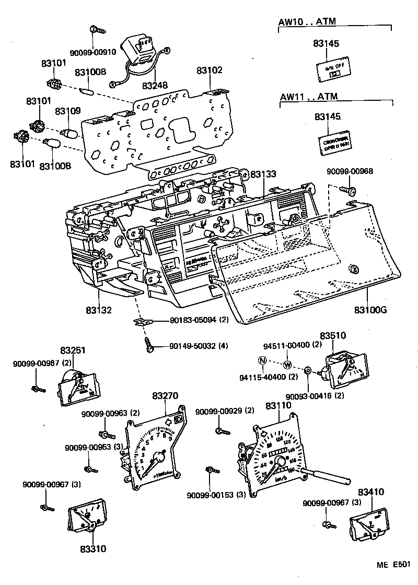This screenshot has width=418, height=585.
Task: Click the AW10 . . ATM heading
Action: tap(307, 22)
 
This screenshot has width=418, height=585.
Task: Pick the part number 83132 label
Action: tap(99, 310)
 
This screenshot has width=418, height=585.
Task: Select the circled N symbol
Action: tap(263, 360)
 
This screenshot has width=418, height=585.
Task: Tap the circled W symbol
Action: tap(287, 364)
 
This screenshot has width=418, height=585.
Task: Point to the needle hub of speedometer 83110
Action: tap(281, 461)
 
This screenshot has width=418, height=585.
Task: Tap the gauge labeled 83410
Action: tap(370, 524)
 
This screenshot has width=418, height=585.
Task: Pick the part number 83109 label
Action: tap(68, 111)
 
